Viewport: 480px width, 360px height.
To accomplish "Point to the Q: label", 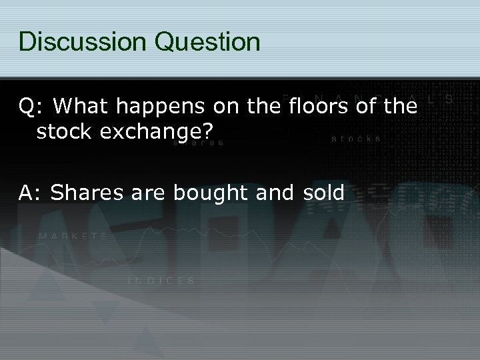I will pyautogui.click(x=32, y=106).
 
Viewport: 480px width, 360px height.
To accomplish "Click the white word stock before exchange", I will pyautogui.click(x=63, y=132).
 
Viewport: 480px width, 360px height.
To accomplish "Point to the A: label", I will pyautogui.click(x=31, y=193).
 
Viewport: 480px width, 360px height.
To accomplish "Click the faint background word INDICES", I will pyautogui.click(x=161, y=281).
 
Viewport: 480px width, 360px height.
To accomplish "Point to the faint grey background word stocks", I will pyautogui.click(x=356, y=139).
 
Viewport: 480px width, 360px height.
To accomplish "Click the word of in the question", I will pyautogui.click(x=366, y=106).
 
